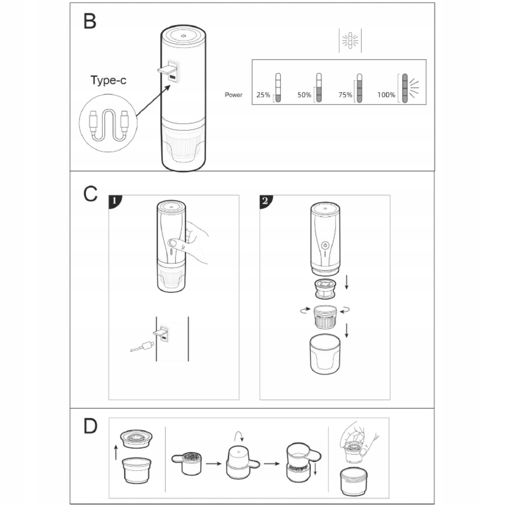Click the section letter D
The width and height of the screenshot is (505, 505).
pyautogui.click(x=91, y=426)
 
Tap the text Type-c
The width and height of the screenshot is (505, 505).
pyautogui.click(x=108, y=80)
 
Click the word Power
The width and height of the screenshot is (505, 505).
pyautogui.click(x=233, y=95)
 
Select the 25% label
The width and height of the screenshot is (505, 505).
pyautogui.click(x=263, y=95)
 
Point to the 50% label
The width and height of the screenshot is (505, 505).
pyautogui.click(x=304, y=95)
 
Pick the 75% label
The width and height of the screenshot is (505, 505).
pyautogui.click(x=345, y=95)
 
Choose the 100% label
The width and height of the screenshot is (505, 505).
pyautogui.click(x=386, y=95)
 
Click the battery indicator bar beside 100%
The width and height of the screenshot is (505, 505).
pyautogui.click(x=405, y=88)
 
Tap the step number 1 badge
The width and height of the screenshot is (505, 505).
pyautogui.click(x=115, y=201)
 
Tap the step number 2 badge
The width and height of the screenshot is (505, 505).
pyautogui.click(x=266, y=201)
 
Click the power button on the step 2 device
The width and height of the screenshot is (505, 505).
pyautogui.click(x=325, y=246)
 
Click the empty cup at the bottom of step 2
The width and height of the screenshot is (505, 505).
pyautogui.click(x=325, y=354)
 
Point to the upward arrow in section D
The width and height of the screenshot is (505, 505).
pyautogui.click(x=116, y=453)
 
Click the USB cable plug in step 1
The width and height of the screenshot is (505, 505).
pyautogui.click(x=148, y=345)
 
